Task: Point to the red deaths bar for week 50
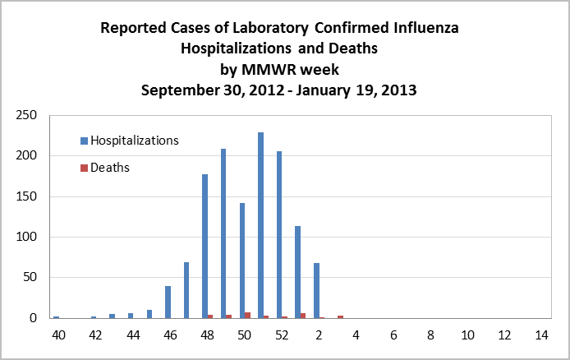[247, 315]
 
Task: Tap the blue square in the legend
[84, 141]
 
